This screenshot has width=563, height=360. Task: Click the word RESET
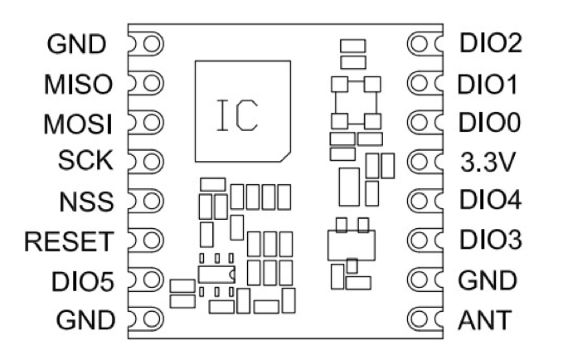pos(70,241)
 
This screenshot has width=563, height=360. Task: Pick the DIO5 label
pos(85,280)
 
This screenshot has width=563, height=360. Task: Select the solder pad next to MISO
pos(144,84)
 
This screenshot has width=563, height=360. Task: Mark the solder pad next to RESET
pos(144,241)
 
